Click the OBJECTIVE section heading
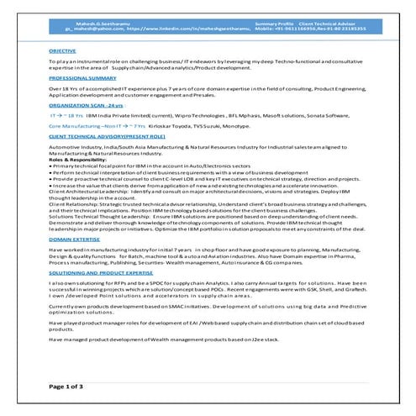point(62,50)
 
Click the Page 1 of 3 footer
point(67,386)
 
